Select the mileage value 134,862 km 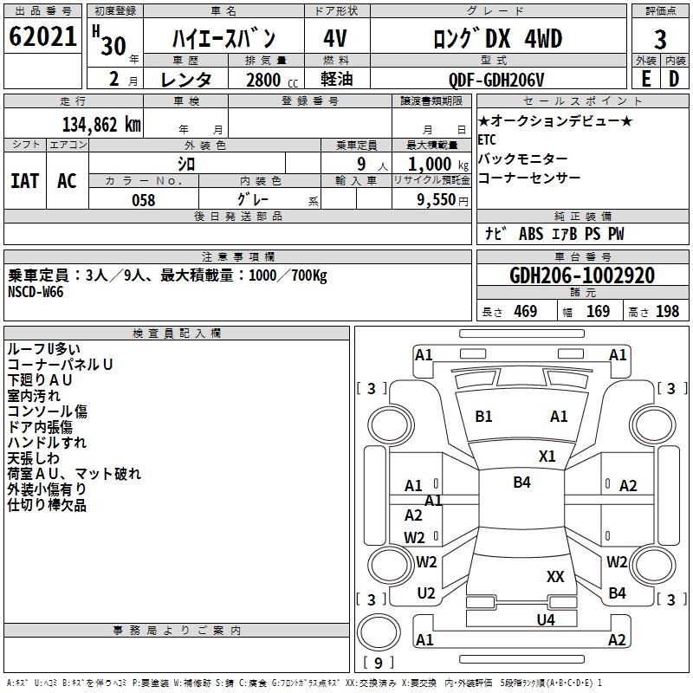click(101, 124)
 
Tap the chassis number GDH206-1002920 click(581, 275)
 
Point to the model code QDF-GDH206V click(496, 80)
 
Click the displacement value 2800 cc click(269, 80)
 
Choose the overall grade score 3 click(660, 40)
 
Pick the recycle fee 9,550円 click(442, 199)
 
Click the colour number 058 click(144, 200)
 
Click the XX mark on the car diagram click(555, 577)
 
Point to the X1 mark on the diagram click(547, 457)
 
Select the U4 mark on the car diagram click(545, 619)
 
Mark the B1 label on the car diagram click(483, 417)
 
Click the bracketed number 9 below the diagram click(378, 664)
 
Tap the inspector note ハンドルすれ click(47, 443)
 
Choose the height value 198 click(667, 312)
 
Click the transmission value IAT click(24, 181)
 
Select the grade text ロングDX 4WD click(497, 39)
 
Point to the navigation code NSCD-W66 click(36, 291)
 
